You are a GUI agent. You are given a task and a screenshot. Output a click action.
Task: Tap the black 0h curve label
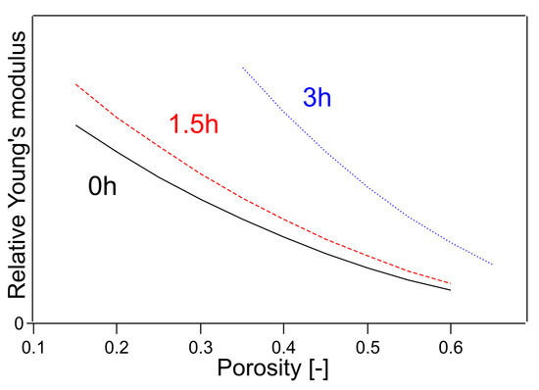click(102, 186)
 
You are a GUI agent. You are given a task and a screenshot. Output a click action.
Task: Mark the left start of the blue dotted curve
click(242, 68)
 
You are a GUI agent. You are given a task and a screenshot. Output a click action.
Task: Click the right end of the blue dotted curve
click(492, 265)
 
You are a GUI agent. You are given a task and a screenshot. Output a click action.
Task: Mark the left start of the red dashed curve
click(75, 84)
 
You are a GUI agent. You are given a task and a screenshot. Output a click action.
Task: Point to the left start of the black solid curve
click(75, 124)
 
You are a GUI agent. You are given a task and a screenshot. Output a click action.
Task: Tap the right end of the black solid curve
click(450, 290)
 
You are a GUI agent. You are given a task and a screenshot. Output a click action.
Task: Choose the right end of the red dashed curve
click(450, 282)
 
